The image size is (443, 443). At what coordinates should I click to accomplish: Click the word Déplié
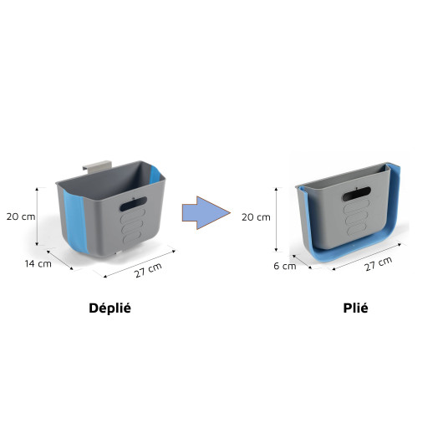tap(109, 308)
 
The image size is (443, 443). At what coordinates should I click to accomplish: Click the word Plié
tap(355, 308)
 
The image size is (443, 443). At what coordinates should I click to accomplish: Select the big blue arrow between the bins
tap(206, 213)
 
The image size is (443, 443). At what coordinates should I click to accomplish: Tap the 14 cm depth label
tap(38, 264)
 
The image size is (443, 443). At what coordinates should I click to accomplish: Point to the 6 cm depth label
tap(285, 266)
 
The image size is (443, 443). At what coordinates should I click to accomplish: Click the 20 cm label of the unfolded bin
tap(21, 216)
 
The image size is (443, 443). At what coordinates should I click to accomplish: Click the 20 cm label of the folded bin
tap(256, 217)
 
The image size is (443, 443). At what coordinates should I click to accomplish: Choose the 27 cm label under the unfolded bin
tap(148, 270)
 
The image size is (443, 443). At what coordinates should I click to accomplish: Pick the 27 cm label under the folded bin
tap(378, 264)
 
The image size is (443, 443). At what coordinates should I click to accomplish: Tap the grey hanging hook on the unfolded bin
tap(97, 165)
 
